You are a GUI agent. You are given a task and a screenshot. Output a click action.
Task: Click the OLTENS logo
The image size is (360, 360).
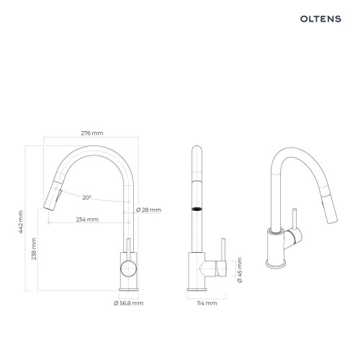click(x=320, y=19)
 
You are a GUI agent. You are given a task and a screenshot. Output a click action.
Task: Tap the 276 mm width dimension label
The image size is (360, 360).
click(x=92, y=133)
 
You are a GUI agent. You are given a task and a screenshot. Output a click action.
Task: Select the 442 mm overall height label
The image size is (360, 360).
click(x=21, y=222)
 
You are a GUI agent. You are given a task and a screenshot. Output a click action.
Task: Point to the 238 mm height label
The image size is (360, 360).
click(x=34, y=249)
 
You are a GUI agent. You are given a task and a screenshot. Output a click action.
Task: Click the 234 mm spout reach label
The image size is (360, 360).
click(x=87, y=220)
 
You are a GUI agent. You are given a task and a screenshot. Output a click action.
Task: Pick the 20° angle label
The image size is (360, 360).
click(x=87, y=197)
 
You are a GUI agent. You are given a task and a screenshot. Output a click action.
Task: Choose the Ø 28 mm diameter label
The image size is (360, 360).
click(x=148, y=210)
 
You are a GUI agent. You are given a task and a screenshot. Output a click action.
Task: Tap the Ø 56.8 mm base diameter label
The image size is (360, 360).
click(x=129, y=303)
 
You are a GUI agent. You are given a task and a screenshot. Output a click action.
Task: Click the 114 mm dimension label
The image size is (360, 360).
click(x=207, y=303)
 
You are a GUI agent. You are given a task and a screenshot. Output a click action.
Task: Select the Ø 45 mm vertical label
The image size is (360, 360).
click(x=240, y=270)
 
